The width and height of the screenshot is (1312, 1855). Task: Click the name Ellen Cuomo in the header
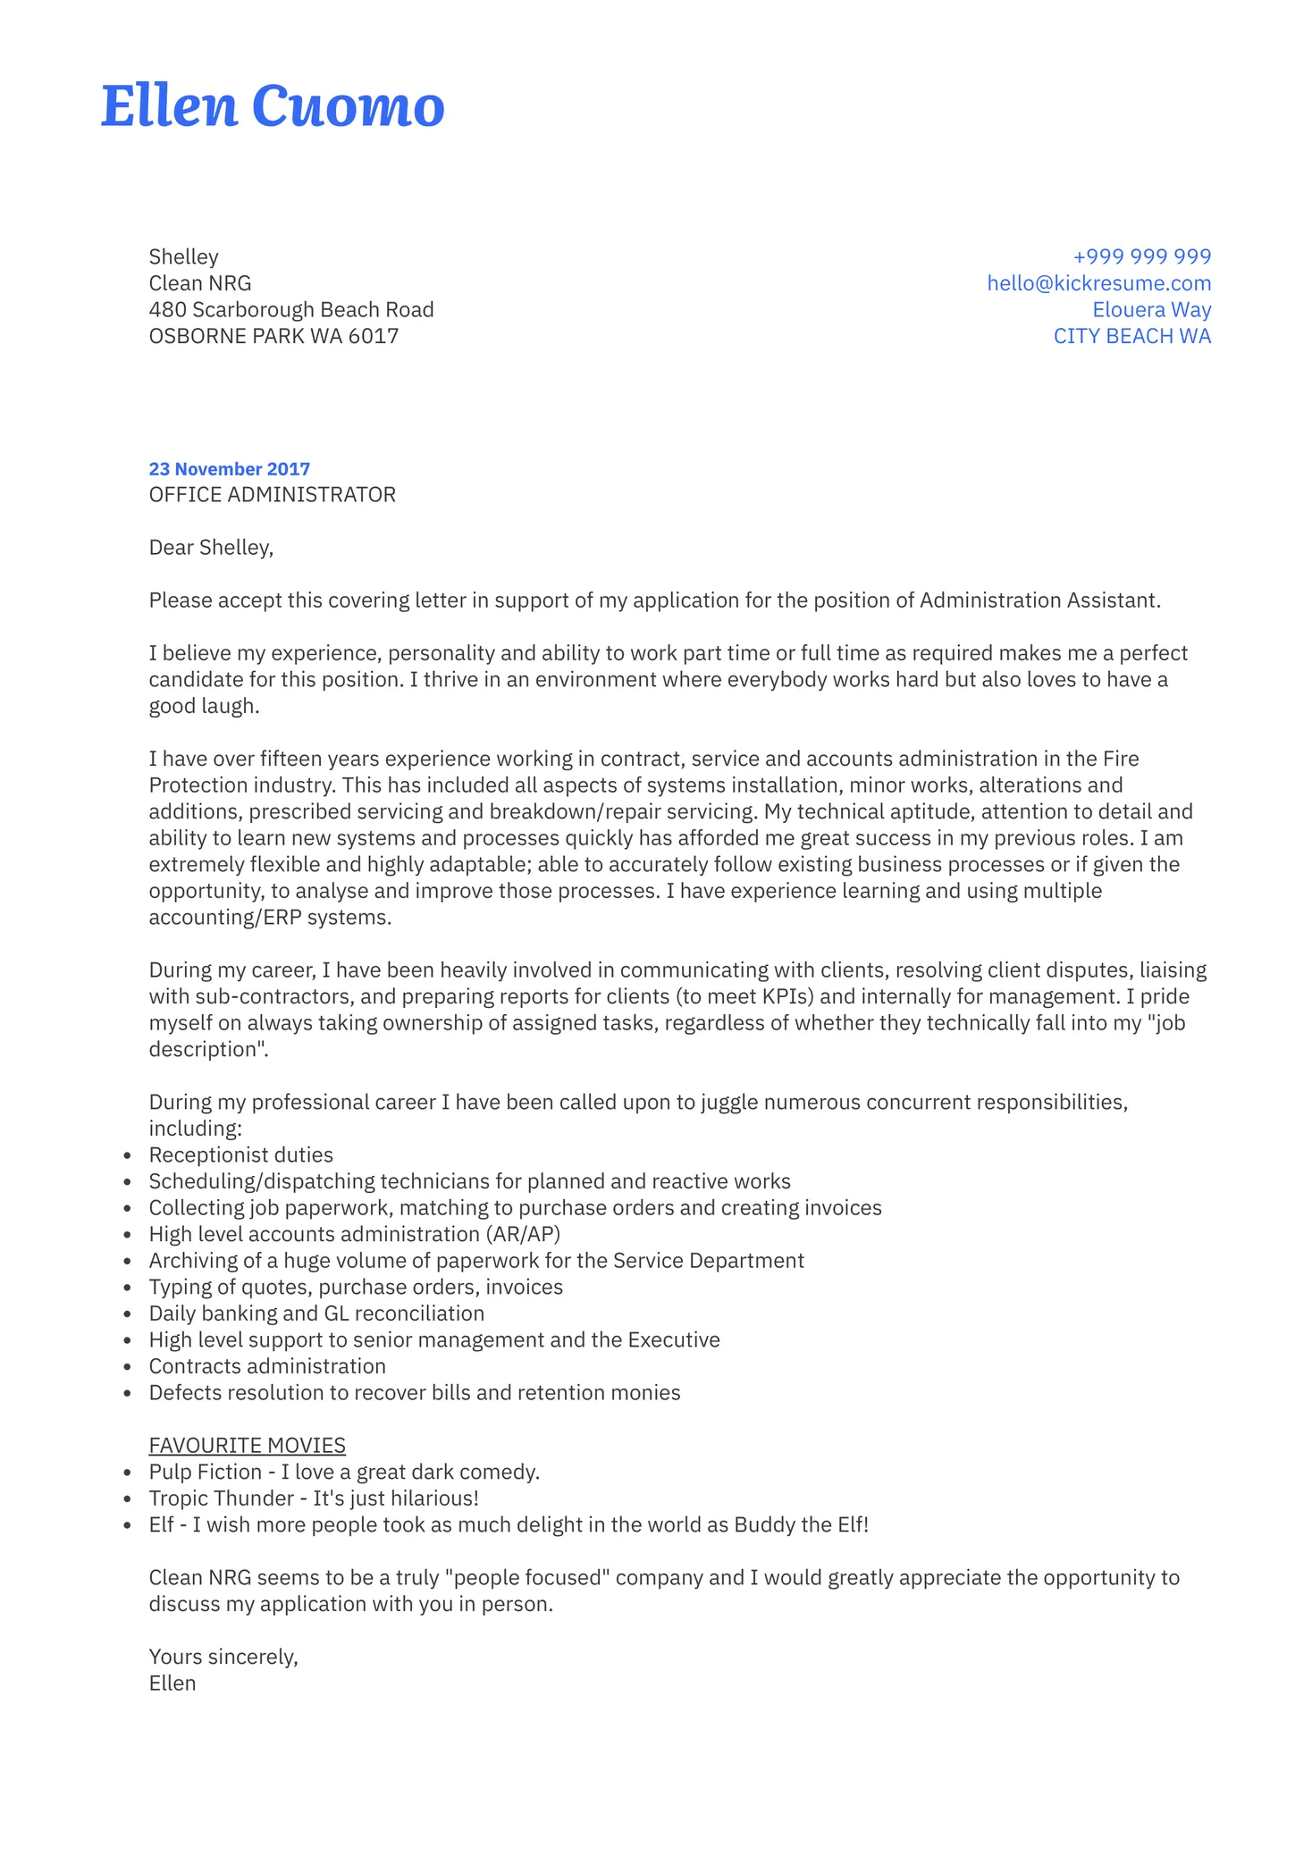pos(273,106)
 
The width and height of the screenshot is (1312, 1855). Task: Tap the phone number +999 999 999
pos(1141,256)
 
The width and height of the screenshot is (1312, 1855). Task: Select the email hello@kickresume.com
pos(1098,283)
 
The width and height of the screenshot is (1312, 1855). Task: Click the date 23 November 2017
pos(229,469)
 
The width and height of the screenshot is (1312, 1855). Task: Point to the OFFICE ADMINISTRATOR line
pos(272,495)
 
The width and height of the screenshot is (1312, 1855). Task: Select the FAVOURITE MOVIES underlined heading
pos(247,1446)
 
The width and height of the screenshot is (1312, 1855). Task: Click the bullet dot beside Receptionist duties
pos(129,1156)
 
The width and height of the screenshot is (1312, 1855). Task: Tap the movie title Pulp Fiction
pos(205,1473)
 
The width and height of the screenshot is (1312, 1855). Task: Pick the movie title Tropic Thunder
pos(221,1498)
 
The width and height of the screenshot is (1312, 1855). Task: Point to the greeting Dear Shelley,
pos(211,548)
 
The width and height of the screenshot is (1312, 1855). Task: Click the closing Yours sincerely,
pos(223,1658)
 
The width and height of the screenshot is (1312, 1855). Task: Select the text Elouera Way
pos(1151,310)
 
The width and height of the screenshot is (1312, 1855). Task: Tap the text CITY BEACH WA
pos(1131,337)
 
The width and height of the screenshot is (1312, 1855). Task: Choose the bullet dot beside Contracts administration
pos(129,1368)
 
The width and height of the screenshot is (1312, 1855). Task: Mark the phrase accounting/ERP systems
pos(269,918)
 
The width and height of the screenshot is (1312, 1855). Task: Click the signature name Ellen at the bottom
pos(172,1683)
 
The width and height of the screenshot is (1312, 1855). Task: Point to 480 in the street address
pos(167,310)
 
